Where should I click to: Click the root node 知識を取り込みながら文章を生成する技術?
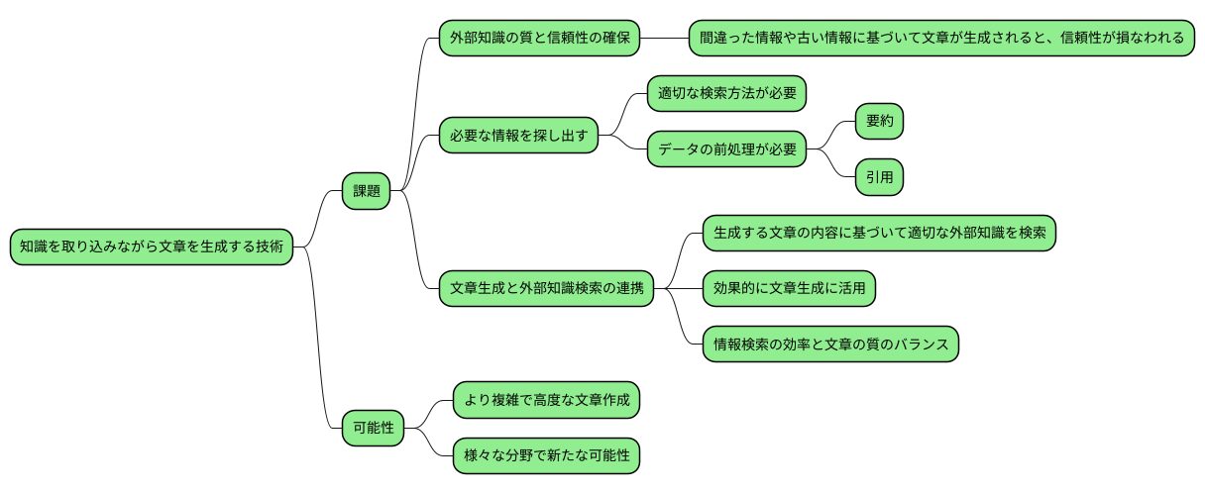(153, 247)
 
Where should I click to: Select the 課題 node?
(367, 191)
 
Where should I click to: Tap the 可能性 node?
(367, 429)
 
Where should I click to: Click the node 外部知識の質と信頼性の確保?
(540, 39)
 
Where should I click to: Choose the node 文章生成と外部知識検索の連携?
(546, 288)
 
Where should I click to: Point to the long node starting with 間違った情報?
(940, 39)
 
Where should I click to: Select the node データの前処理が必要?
(726, 150)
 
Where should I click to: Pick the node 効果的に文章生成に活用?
(789, 288)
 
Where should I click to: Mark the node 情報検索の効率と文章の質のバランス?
(830, 344)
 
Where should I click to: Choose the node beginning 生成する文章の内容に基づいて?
(877, 233)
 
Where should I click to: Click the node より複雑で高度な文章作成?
(546, 401)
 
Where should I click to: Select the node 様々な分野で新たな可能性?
(546, 456)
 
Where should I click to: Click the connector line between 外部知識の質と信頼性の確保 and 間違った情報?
(665, 39)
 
